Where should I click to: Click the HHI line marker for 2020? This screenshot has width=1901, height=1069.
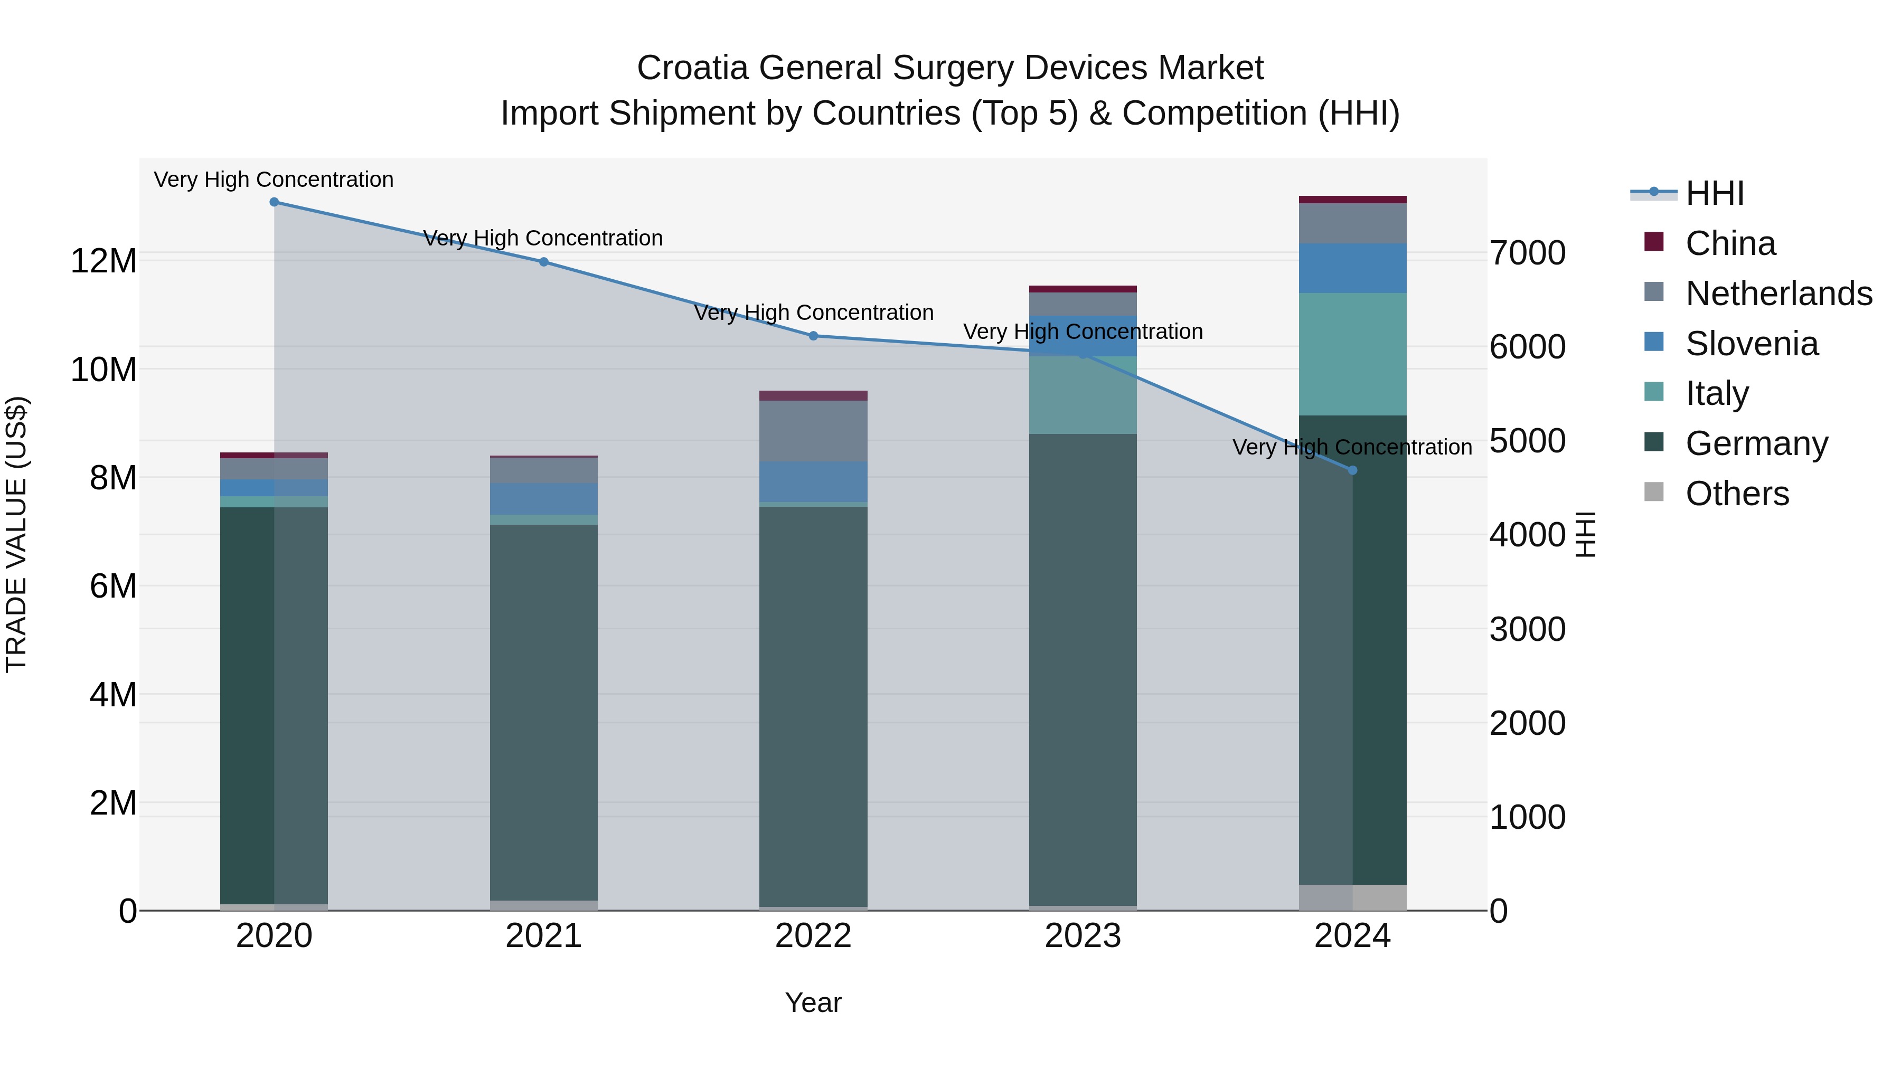click(x=274, y=202)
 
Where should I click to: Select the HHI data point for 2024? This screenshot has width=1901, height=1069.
click(x=1352, y=470)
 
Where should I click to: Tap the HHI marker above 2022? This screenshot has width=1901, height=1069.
click(x=813, y=336)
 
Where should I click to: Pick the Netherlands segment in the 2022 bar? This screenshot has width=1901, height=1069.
click(x=813, y=431)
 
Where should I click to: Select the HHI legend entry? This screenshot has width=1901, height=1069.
click(x=1714, y=193)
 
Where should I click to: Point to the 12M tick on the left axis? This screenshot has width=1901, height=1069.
click(x=103, y=261)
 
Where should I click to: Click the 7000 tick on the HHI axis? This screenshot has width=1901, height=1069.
click(x=1526, y=253)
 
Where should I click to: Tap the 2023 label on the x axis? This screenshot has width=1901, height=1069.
click(x=1083, y=936)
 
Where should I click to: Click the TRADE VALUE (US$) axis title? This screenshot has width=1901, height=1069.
click(x=16, y=534)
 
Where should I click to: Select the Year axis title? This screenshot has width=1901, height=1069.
click(x=813, y=1002)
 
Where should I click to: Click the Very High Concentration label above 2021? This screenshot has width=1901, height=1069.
click(x=543, y=238)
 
